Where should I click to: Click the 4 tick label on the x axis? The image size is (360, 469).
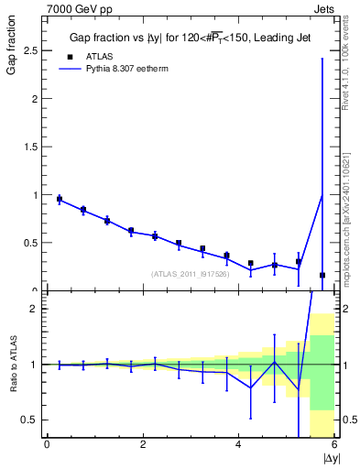tap(238, 445)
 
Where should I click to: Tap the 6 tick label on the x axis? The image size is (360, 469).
tap(334, 445)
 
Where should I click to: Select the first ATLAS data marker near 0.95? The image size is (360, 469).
tap(60, 199)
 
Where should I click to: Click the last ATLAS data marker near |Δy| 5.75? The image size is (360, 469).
tap(322, 275)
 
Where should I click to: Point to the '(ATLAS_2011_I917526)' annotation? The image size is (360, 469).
tap(191, 273)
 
